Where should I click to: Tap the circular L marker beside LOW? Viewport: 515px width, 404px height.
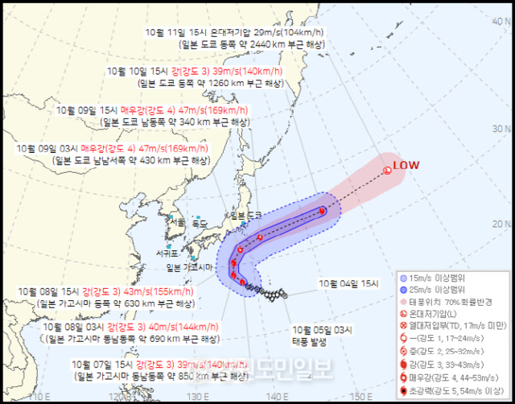pyautogui.click(x=387, y=169)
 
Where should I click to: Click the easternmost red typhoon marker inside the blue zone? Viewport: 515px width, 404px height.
pyautogui.click(x=322, y=212)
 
